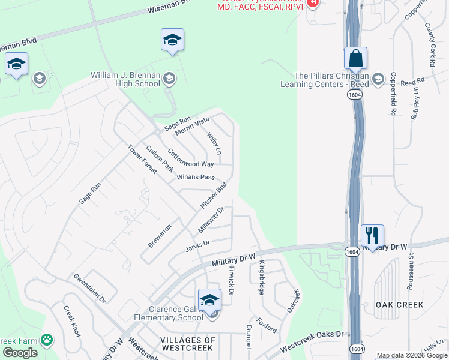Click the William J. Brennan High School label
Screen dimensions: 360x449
pyautogui.click(x=125, y=79)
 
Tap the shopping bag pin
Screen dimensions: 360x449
pyautogui.click(x=355, y=59)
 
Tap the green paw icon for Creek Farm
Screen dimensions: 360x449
pyautogui.click(x=47, y=340)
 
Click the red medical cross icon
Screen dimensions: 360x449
pyautogui.click(x=312, y=3)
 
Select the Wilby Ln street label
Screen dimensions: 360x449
pyautogui.click(x=214, y=142)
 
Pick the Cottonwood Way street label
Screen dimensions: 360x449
pyautogui.click(x=190, y=158)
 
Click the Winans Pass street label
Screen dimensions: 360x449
pyautogui.click(x=195, y=177)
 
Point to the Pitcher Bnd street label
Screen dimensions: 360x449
pyautogui.click(x=214, y=195)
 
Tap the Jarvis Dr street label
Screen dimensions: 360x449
pyautogui.click(x=197, y=247)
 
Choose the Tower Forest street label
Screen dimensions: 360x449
pyautogui.click(x=142, y=158)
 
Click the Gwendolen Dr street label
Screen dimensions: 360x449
pyautogui.click(x=89, y=288)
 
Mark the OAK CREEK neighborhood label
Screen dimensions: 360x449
pyautogui.click(x=399, y=305)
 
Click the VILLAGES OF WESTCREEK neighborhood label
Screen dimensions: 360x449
pyautogui.click(x=188, y=344)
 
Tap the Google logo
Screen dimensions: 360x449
pyautogui.click(x=20, y=353)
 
